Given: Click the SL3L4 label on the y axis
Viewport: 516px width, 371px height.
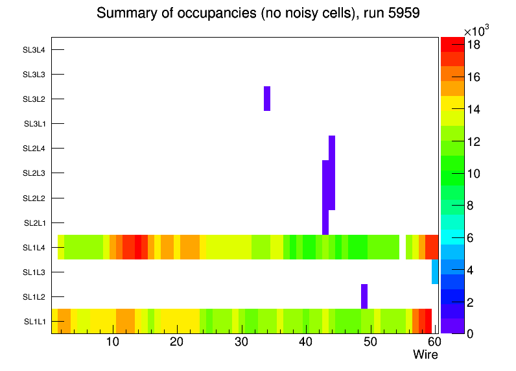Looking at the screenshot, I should (34, 49).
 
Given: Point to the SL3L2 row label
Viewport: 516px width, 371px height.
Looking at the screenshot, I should (34, 99).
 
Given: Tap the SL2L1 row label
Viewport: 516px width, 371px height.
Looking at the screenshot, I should (35, 223).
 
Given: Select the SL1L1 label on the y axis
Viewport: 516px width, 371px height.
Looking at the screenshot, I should (35, 322).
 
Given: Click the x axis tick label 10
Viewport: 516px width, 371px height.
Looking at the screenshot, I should (112, 342).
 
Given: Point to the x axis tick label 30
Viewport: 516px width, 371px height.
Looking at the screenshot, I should (241, 342).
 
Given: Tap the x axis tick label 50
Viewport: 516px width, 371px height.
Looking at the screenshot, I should (369, 342).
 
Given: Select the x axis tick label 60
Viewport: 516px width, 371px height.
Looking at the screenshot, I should (433, 342).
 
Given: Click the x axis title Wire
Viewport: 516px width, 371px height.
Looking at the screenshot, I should (425, 355).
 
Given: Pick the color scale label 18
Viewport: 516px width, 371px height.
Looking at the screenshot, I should (473, 45).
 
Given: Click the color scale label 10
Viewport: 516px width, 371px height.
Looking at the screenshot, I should (473, 173).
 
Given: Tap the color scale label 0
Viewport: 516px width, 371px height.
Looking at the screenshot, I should (470, 333).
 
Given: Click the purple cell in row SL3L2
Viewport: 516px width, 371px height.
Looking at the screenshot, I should (267, 99).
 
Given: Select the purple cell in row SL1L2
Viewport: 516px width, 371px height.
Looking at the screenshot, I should (364, 296).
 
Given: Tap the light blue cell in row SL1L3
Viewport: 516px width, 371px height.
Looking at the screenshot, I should (435, 272).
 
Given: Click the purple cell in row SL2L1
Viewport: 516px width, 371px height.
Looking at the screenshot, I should (325, 222).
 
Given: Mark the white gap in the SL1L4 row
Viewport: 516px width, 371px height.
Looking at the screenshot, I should (403, 247).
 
